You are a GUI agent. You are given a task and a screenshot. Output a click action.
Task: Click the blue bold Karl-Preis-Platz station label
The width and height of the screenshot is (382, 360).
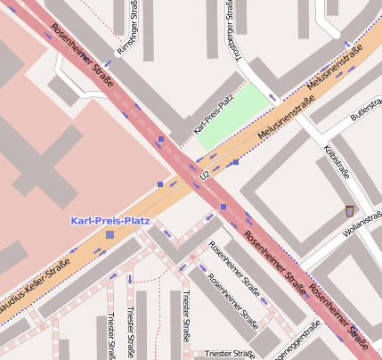point(110,219)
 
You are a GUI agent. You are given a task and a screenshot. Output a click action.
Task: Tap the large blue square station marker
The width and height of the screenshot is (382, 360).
point(110,234)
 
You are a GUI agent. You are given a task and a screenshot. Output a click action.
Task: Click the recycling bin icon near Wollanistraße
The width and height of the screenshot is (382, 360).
point(348,210)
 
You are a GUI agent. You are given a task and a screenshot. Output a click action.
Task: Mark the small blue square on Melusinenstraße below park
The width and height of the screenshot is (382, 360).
point(235,162)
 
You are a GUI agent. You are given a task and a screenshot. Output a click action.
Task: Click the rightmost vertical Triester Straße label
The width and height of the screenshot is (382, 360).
point(185,315)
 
